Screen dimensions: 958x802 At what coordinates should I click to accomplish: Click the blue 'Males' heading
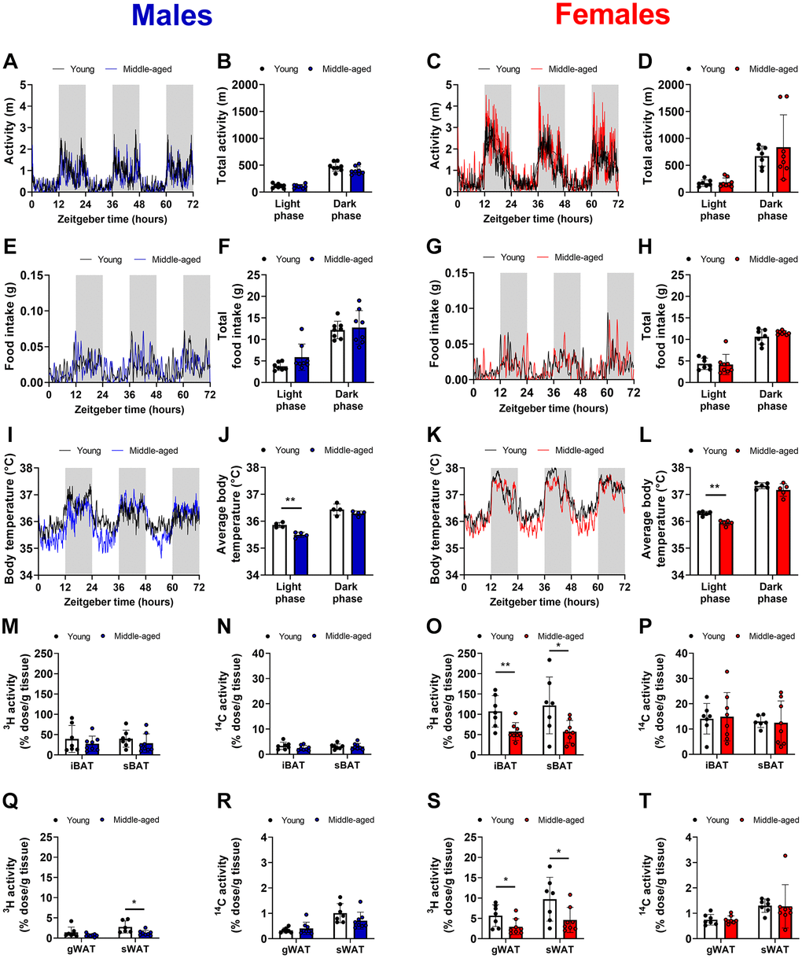[x=171, y=15]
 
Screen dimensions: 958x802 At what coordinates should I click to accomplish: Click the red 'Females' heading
[x=612, y=15]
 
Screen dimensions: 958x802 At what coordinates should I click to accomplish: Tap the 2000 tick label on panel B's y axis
[x=248, y=84]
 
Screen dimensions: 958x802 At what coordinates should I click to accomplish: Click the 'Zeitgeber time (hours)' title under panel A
[x=112, y=219]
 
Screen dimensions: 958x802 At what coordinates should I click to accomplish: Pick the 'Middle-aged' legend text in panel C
[x=573, y=68]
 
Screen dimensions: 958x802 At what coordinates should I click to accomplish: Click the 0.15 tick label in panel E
[x=30, y=275]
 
